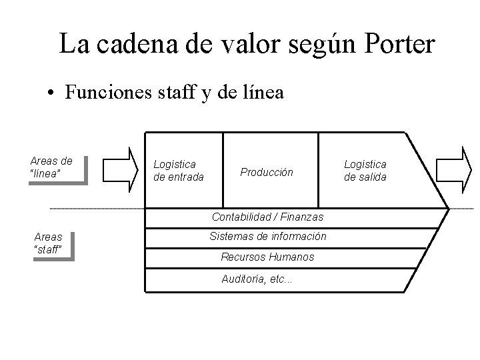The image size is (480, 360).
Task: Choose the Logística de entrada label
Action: tap(178, 170)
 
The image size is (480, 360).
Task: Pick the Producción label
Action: tap(267, 172)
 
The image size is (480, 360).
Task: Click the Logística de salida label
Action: tap(365, 170)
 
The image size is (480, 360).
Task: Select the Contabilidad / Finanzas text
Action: tap(267, 217)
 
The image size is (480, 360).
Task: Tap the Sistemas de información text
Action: tap(267, 237)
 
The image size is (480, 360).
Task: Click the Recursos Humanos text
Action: tap(267, 257)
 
